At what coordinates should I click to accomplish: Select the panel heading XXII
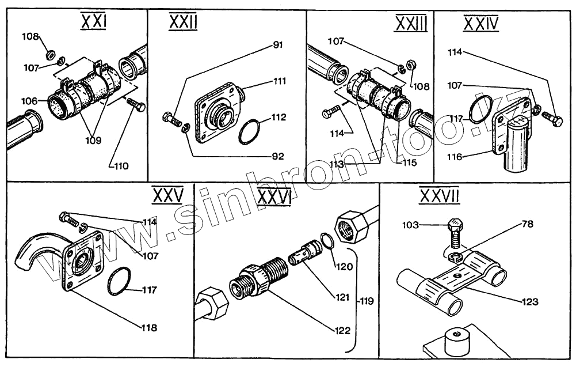tap(183, 24)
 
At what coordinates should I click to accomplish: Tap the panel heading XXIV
tap(481, 24)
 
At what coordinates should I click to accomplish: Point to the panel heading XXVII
tap(440, 197)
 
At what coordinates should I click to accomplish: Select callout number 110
tap(120, 166)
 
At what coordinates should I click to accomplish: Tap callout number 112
tap(279, 117)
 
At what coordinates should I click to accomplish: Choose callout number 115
tap(410, 163)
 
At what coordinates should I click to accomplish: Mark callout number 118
tap(149, 327)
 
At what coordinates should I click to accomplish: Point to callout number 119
tap(367, 300)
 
